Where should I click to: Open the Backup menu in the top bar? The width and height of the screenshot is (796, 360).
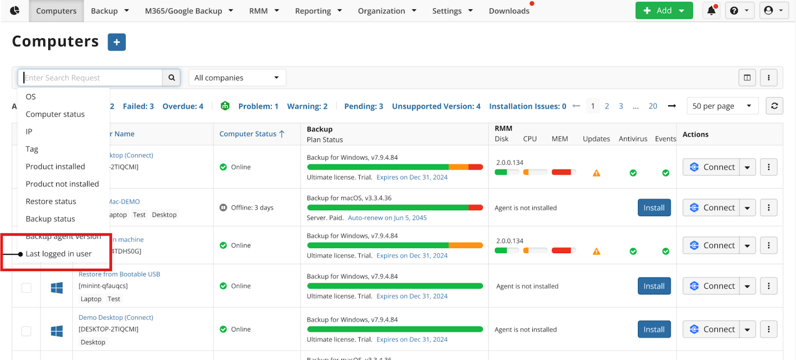(109, 11)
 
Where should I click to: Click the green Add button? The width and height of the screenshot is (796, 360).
(663, 10)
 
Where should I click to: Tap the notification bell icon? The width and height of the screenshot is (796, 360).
(711, 10)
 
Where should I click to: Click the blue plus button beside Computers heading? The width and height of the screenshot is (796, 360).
(116, 42)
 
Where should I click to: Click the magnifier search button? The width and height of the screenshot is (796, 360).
(172, 78)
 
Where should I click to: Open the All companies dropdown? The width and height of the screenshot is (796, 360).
(237, 78)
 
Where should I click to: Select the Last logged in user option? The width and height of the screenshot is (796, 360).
(59, 254)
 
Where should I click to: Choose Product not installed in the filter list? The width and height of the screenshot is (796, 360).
(62, 184)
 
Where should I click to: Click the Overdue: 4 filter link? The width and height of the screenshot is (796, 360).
(183, 106)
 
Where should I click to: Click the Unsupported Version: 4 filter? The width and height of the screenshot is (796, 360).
(436, 106)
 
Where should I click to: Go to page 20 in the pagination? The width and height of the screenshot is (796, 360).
(653, 106)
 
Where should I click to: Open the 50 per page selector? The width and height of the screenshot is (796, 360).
(721, 106)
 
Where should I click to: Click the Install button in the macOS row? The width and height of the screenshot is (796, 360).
(654, 208)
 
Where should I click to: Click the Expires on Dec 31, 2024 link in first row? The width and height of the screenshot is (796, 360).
(412, 178)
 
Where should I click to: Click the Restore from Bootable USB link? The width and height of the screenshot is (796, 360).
(119, 274)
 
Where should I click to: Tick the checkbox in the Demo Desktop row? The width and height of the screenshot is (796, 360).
(26, 331)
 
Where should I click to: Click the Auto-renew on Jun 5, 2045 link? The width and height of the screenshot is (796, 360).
(387, 218)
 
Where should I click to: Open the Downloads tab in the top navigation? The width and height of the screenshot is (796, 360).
(508, 11)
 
